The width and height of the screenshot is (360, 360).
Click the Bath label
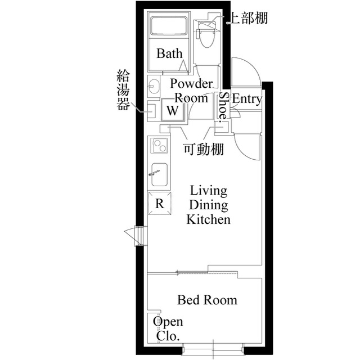pyautogui.click(x=169, y=54)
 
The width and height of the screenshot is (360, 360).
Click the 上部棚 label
pyautogui.click(x=246, y=18)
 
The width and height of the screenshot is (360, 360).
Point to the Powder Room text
pyautogui.click(x=191, y=91)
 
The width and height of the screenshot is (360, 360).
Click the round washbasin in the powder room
pyautogui.click(x=155, y=87)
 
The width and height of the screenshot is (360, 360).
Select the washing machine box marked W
pyautogui.click(x=173, y=110)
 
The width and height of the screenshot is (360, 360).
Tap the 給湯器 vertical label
pyautogui.click(x=123, y=90)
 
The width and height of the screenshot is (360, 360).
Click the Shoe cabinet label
pyautogui.click(x=223, y=105)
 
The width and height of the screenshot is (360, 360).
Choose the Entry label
pyautogui.click(x=247, y=100)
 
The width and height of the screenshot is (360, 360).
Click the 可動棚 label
pyautogui.click(x=204, y=149)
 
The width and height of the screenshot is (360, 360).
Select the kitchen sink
pyautogui.click(x=159, y=176)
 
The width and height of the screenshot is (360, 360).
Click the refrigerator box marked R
pyautogui.click(x=159, y=204)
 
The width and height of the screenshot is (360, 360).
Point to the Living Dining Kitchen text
pyautogui.click(x=208, y=204)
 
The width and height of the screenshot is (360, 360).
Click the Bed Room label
pyautogui.click(x=207, y=300)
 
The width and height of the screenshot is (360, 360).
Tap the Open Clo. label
pyautogui.click(x=168, y=330)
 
